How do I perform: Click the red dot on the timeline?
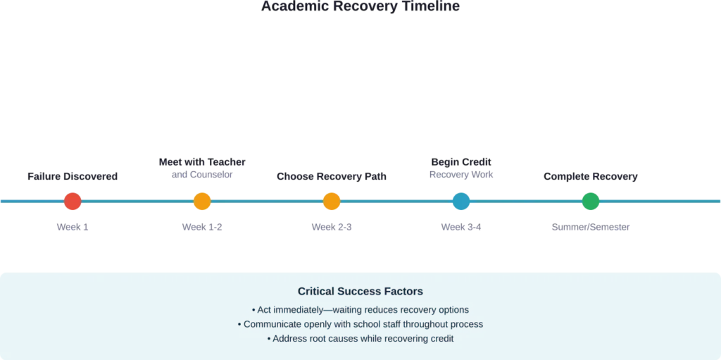(x=72, y=202)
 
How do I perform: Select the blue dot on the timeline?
(x=460, y=202)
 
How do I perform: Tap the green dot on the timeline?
(x=590, y=202)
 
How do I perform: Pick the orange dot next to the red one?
(x=201, y=202)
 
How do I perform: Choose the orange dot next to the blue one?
(x=331, y=202)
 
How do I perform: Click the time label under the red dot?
(x=73, y=226)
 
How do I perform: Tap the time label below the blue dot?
(x=461, y=226)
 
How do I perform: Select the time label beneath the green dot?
(x=589, y=226)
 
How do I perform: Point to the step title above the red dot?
(x=70, y=175)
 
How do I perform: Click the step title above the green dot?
(x=591, y=175)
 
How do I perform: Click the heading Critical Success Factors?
(x=360, y=291)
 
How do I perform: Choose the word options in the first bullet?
(x=451, y=310)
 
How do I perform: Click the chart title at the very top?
(x=360, y=6)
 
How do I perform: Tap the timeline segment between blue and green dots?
(x=525, y=202)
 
